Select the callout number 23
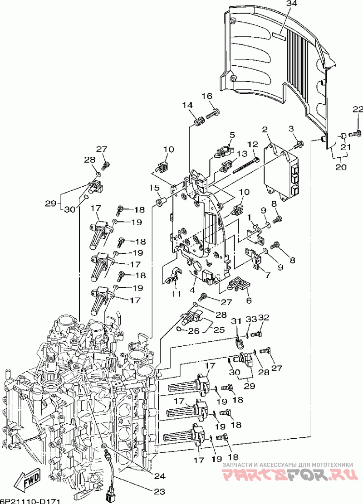click(160, 491)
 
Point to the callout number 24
click(160, 476)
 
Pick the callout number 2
click(265, 130)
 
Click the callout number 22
click(357, 110)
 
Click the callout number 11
click(176, 293)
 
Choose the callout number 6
click(249, 300)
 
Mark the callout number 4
click(192, 290)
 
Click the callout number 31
click(236, 321)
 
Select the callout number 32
click(264, 317)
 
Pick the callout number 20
click(341, 167)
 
